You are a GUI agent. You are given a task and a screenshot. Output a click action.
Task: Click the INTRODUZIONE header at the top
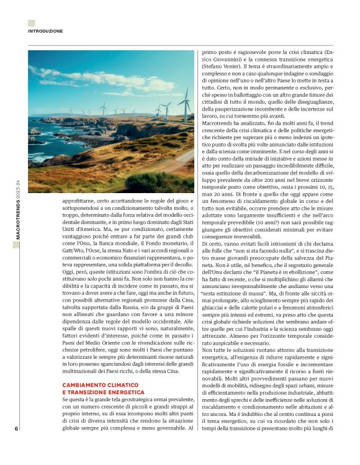pos(45,30)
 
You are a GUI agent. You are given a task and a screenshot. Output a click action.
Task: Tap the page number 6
pos(16,429)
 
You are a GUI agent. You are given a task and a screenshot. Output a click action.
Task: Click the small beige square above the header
pos(31,23)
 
